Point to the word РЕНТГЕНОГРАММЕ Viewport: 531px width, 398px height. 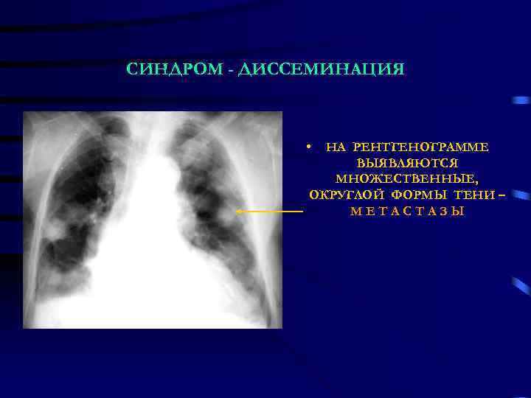tap(420, 147)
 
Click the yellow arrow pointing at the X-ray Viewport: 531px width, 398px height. tap(270, 212)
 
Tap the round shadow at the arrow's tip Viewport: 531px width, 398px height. tap(235, 212)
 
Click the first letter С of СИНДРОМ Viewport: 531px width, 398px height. tap(131, 70)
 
